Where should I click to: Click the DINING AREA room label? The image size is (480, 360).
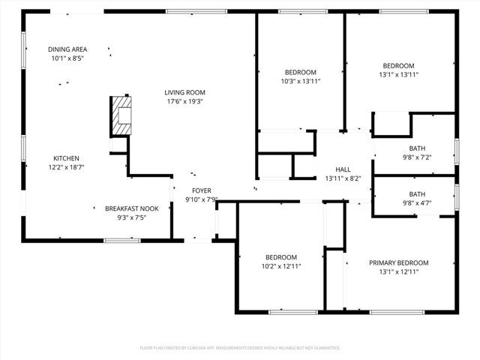click(x=67, y=49)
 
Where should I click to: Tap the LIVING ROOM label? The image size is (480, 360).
click(x=184, y=92)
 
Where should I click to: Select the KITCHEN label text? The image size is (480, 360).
click(x=66, y=158)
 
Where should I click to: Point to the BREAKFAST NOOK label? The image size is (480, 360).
click(x=131, y=208)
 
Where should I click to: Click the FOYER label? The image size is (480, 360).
click(x=202, y=190)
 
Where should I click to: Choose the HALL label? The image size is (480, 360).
click(x=343, y=169)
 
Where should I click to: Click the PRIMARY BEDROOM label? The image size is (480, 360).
click(x=398, y=262)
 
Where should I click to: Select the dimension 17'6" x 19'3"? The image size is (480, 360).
click(x=184, y=101)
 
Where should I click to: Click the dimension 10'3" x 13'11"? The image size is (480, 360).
click(x=300, y=81)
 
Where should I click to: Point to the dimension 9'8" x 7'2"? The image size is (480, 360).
click(x=416, y=157)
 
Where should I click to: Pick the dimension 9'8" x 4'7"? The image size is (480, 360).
click(x=416, y=202)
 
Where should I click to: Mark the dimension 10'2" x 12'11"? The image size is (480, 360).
click(x=280, y=266)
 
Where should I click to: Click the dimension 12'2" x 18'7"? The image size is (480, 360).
click(x=66, y=167)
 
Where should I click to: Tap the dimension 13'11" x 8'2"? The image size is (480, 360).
click(x=343, y=178)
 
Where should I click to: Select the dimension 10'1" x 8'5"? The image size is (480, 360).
click(x=67, y=58)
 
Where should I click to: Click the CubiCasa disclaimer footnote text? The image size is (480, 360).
click(x=240, y=348)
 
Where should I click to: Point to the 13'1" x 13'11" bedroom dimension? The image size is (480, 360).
click(x=398, y=74)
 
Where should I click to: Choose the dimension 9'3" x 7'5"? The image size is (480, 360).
click(x=131, y=217)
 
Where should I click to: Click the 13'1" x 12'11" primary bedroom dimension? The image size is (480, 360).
click(x=398, y=271)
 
